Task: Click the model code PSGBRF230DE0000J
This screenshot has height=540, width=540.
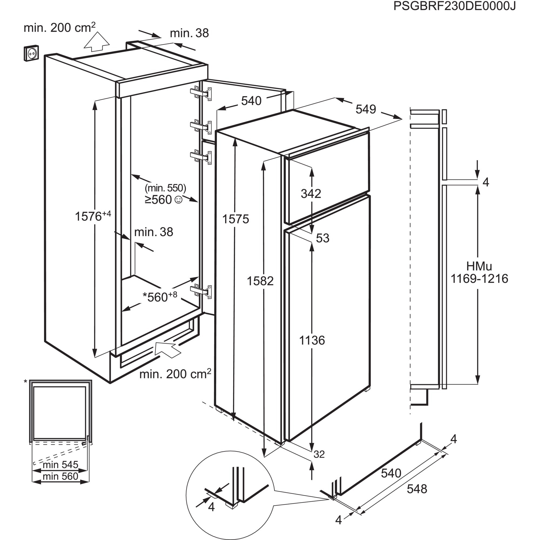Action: [x=454, y=6]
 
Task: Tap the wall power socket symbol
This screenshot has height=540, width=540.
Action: [x=31, y=53]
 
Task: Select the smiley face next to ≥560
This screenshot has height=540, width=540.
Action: [x=178, y=200]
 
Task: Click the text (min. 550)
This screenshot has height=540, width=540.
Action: [x=165, y=188]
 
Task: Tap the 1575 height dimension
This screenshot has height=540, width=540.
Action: [x=235, y=219]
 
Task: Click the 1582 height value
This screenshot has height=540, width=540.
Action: [x=260, y=281]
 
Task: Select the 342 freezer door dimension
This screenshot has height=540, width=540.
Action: [x=311, y=193]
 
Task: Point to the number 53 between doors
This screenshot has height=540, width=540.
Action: [x=323, y=238]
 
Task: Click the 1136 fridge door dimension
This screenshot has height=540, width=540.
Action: [x=312, y=340]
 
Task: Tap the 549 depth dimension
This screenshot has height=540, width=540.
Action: [x=366, y=109]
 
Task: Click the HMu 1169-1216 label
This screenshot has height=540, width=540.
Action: [x=479, y=272]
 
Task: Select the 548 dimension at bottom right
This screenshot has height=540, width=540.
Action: [x=417, y=489]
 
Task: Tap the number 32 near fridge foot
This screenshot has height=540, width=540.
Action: [x=319, y=454]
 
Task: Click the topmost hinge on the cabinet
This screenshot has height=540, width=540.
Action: [x=201, y=93]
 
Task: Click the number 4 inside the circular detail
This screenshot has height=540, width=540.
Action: [x=211, y=507]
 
